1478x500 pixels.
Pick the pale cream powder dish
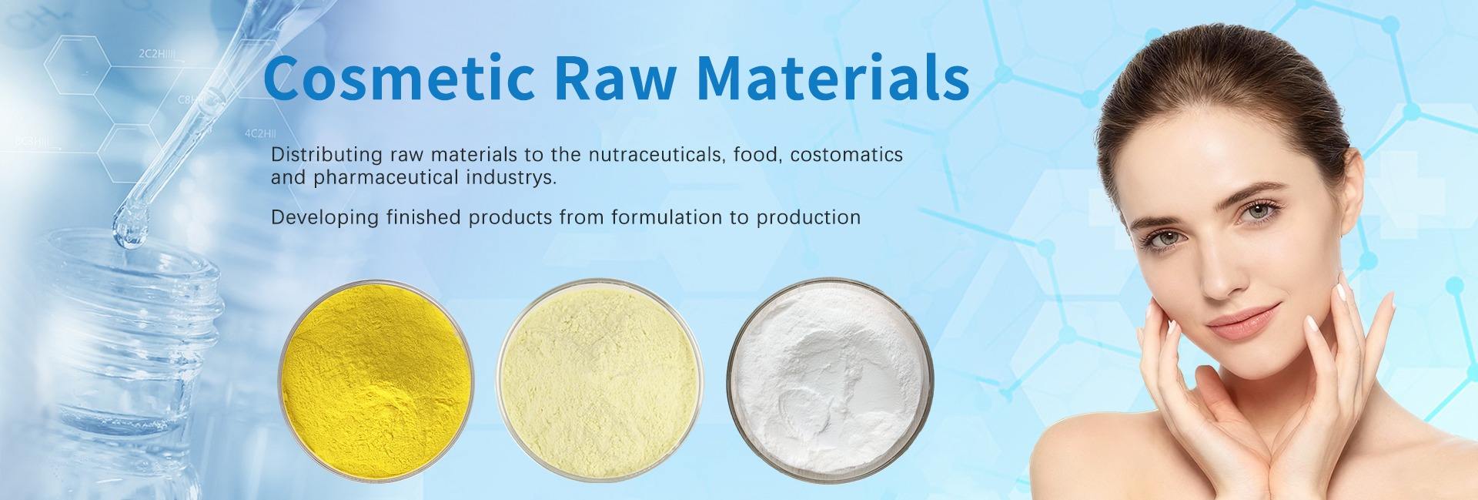[x=598, y=374]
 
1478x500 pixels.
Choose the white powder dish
[x=829, y=375]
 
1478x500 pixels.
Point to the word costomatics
[x=847, y=154]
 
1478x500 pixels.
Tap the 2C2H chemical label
[x=157, y=55]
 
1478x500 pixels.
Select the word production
[x=809, y=218]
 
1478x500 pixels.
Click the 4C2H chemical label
[x=259, y=133]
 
